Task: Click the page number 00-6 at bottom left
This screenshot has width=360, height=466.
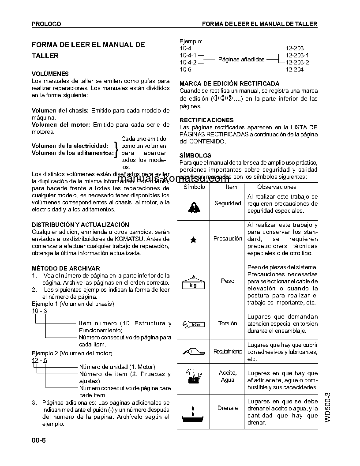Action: (39, 440)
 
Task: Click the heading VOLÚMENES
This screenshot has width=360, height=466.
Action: (50, 74)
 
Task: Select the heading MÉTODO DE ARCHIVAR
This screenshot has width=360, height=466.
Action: (66, 268)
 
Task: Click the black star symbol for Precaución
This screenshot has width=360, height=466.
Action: (193, 240)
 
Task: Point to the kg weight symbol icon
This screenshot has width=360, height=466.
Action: (193, 282)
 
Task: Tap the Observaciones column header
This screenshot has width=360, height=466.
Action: (270, 187)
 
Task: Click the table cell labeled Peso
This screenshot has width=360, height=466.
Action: (228, 281)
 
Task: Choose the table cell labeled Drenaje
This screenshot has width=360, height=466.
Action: (228, 408)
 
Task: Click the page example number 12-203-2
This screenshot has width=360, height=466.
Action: (297, 62)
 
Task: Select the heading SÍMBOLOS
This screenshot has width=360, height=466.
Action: (195, 155)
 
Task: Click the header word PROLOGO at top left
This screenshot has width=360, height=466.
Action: (46, 24)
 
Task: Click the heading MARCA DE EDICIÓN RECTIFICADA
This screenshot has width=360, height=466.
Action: (229, 83)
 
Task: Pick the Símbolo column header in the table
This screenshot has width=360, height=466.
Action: (194, 187)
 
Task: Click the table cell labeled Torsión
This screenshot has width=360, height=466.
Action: (228, 323)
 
